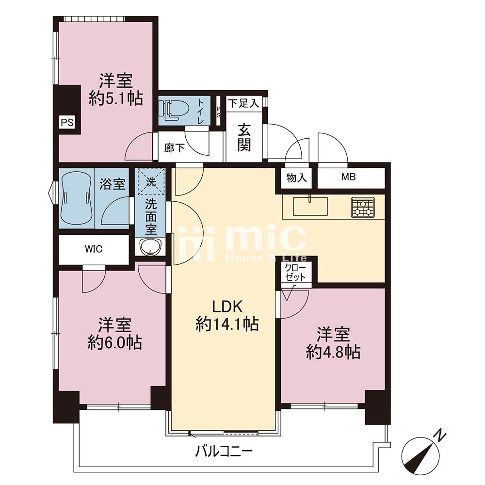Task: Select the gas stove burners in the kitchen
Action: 363,207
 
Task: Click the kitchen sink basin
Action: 310,206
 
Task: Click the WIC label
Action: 94,249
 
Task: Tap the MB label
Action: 349,177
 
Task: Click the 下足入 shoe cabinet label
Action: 244,103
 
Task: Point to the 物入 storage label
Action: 297,178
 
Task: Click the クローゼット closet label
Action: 295,273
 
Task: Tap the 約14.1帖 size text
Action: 227,324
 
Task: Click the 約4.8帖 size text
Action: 333,352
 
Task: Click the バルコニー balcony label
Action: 224,452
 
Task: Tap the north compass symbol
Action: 422,453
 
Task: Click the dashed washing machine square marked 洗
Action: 151,181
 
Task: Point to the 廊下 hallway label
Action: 175,148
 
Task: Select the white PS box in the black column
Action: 67,123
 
